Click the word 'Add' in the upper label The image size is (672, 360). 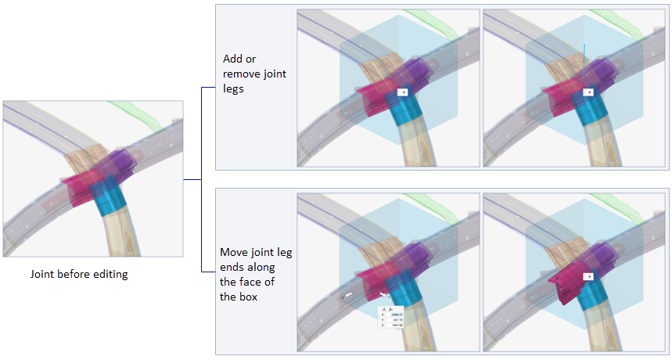pyautogui.click(x=232, y=59)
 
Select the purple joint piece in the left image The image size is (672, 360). pyautogui.click(x=124, y=165)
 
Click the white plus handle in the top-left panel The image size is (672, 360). pyautogui.click(x=403, y=92)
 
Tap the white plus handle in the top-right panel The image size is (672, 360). pyautogui.click(x=588, y=92)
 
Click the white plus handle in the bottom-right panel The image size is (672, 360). pyautogui.click(x=588, y=276)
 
